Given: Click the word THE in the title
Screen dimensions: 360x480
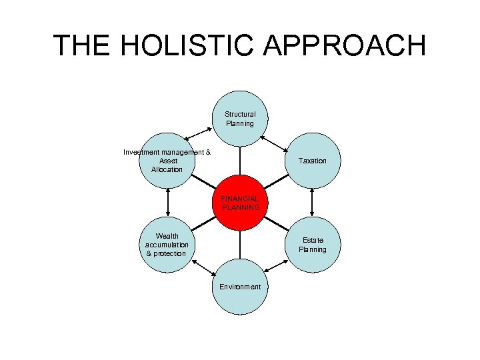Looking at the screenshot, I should (x=80, y=45).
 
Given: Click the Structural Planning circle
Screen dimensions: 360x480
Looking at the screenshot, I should (x=240, y=119).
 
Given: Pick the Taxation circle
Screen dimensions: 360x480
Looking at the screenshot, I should (x=312, y=161).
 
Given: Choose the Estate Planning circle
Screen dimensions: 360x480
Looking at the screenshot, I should (x=312, y=244).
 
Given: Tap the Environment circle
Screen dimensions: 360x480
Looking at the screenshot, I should (x=240, y=287).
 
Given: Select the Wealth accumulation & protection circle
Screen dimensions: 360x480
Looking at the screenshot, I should (x=167, y=245).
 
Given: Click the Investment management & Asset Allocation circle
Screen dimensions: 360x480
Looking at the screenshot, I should (x=167, y=161).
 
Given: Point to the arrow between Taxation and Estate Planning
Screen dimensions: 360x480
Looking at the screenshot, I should (x=312, y=202).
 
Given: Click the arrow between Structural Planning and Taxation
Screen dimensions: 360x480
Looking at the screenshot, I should (x=275, y=141).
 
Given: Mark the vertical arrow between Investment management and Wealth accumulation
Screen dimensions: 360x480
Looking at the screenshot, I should (x=167, y=202).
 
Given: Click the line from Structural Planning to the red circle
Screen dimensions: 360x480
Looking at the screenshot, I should (x=240, y=161).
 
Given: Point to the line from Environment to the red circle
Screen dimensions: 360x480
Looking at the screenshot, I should (x=240, y=245).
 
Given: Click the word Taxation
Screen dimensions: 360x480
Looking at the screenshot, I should (x=312, y=161).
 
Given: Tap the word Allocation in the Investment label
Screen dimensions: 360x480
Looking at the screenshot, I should (x=167, y=169).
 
